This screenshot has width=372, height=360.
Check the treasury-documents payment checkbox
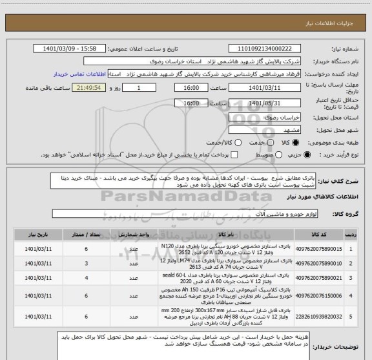pos(234,154)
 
